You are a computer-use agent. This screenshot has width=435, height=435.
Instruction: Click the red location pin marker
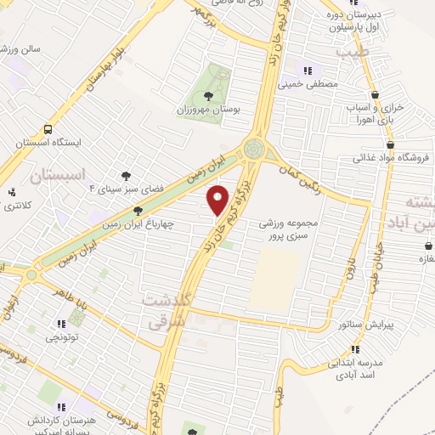[218, 200]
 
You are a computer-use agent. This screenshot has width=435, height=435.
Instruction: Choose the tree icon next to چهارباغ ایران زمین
[138, 211]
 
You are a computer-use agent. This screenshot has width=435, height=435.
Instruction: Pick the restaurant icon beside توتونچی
[60, 324]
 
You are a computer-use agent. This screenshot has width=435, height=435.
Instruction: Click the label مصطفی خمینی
[316, 85]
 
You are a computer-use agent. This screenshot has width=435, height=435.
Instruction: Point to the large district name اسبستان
[59, 176]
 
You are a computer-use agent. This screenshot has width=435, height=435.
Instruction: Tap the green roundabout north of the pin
[254, 150]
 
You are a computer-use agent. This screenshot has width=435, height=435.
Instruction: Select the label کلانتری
[18, 206]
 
